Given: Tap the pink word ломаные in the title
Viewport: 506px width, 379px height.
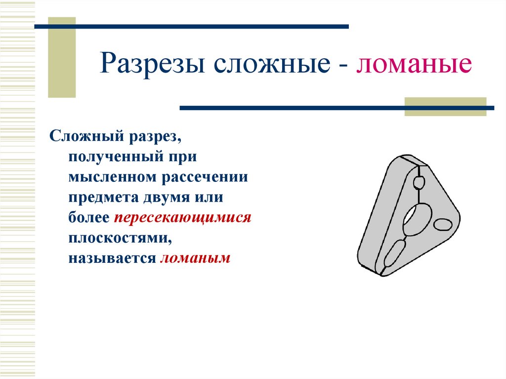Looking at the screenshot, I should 414,65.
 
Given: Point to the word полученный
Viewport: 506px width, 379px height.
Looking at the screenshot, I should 111,157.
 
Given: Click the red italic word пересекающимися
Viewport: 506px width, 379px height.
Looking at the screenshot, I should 183,217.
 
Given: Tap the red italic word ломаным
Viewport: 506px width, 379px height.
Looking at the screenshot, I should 195,258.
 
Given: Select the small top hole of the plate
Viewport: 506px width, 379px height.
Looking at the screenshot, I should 420,183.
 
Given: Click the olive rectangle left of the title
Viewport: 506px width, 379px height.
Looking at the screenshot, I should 62,57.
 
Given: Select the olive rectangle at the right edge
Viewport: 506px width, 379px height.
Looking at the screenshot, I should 445,107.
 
